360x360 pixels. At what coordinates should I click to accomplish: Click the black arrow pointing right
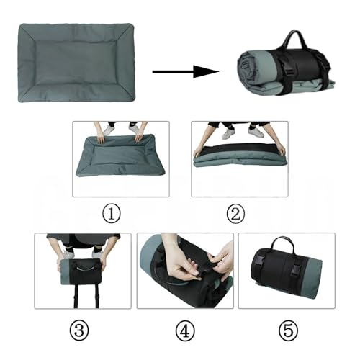coord(185,71)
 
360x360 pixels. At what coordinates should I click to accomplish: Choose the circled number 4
coord(185,330)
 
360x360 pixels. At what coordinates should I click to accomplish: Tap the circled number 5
coord(286,330)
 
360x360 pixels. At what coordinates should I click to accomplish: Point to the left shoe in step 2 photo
coord(228,132)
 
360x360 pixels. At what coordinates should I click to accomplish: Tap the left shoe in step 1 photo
coord(109,130)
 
